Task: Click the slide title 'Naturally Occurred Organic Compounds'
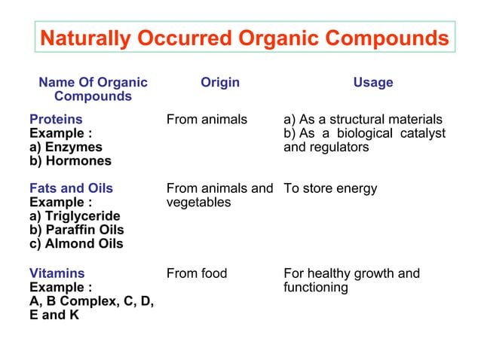point(244,38)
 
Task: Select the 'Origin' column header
point(220,82)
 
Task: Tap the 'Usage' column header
point(373,82)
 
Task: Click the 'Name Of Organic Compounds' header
point(93,90)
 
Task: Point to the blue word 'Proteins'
point(56,119)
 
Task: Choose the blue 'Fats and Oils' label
point(71,188)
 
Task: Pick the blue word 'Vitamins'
point(57,273)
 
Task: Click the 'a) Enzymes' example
point(66,147)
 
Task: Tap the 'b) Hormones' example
point(70,160)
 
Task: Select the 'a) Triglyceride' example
point(75,216)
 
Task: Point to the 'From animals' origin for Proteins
point(207,119)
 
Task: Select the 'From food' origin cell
point(196,273)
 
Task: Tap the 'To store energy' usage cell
point(330,188)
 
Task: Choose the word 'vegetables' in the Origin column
point(198,203)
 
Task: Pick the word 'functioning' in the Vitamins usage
point(316,288)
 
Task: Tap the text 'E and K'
point(54,315)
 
